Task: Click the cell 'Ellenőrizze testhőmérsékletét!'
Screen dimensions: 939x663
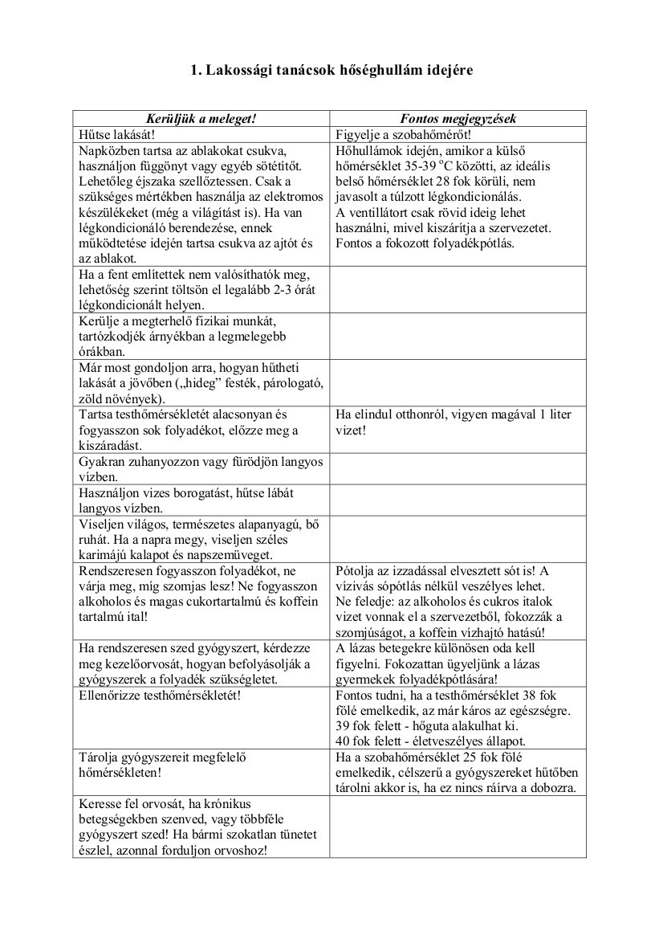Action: coord(161,694)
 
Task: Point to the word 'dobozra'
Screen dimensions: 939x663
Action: coord(553,787)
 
